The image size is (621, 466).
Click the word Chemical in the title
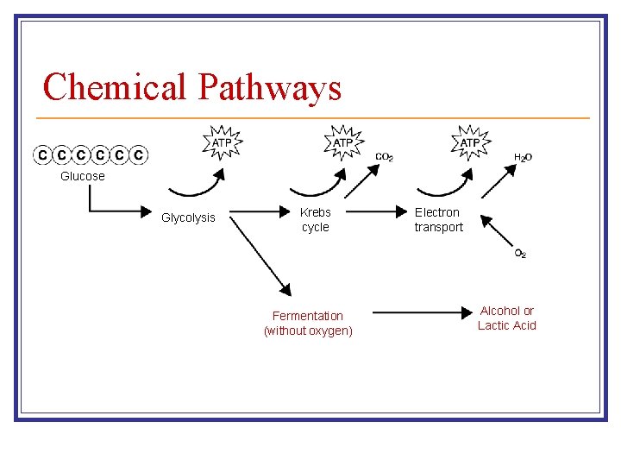(x=116, y=87)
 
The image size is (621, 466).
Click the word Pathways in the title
(x=269, y=87)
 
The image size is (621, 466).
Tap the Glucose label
(x=83, y=176)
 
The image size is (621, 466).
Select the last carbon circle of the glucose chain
(x=139, y=155)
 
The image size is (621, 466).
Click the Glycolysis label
(x=188, y=217)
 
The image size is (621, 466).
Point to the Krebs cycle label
(x=315, y=219)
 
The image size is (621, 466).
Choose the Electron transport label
(x=438, y=219)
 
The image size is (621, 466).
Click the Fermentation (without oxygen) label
(x=308, y=324)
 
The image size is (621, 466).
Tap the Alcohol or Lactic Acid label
(x=507, y=318)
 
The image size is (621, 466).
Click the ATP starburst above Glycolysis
(x=223, y=142)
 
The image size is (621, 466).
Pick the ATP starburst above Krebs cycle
(x=343, y=142)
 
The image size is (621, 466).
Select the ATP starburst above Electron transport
(x=470, y=142)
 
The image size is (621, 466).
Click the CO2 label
(x=385, y=157)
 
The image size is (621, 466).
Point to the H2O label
(x=523, y=157)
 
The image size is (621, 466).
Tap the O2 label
(x=520, y=254)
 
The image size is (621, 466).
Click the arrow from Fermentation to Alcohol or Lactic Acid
(x=423, y=312)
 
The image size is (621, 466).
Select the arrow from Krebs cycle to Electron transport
(x=371, y=210)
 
